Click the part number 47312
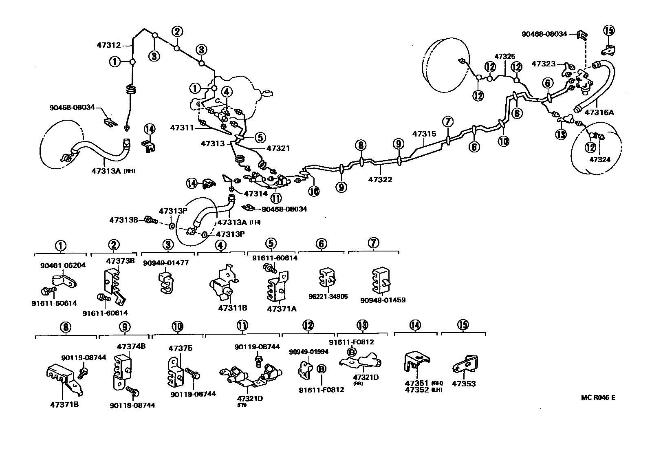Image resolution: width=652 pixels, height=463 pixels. [x=108, y=45]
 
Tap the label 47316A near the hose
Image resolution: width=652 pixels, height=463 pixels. [x=599, y=112]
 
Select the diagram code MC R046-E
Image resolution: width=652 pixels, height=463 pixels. [x=598, y=397]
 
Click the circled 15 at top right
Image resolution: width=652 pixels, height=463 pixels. [x=608, y=31]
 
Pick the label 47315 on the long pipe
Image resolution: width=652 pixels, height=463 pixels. [x=424, y=134]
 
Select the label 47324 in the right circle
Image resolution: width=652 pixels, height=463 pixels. [x=600, y=159]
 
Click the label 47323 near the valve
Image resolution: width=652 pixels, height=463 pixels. [x=543, y=64]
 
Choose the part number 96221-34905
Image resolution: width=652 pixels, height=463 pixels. [x=328, y=296]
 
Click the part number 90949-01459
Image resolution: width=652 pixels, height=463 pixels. [x=383, y=300]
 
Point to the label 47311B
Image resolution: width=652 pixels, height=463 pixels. [x=232, y=308]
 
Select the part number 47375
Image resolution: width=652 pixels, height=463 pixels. [x=181, y=348]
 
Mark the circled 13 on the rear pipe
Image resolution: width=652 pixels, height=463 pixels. [x=561, y=134]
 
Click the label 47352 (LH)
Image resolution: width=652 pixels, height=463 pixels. [x=417, y=390]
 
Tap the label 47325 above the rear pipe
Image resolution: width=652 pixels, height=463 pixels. [x=504, y=57]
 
